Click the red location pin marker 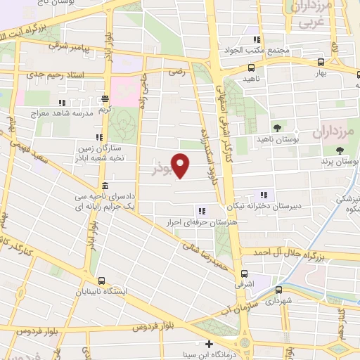click(181, 165)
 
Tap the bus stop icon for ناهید click(252, 68)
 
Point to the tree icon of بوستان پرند click(340, 150)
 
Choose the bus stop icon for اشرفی click(244, 274)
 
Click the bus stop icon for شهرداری click(279, 289)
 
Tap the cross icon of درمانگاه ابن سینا click(209, 344)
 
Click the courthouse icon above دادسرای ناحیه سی click(104, 186)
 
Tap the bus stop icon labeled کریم click(105, 99)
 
